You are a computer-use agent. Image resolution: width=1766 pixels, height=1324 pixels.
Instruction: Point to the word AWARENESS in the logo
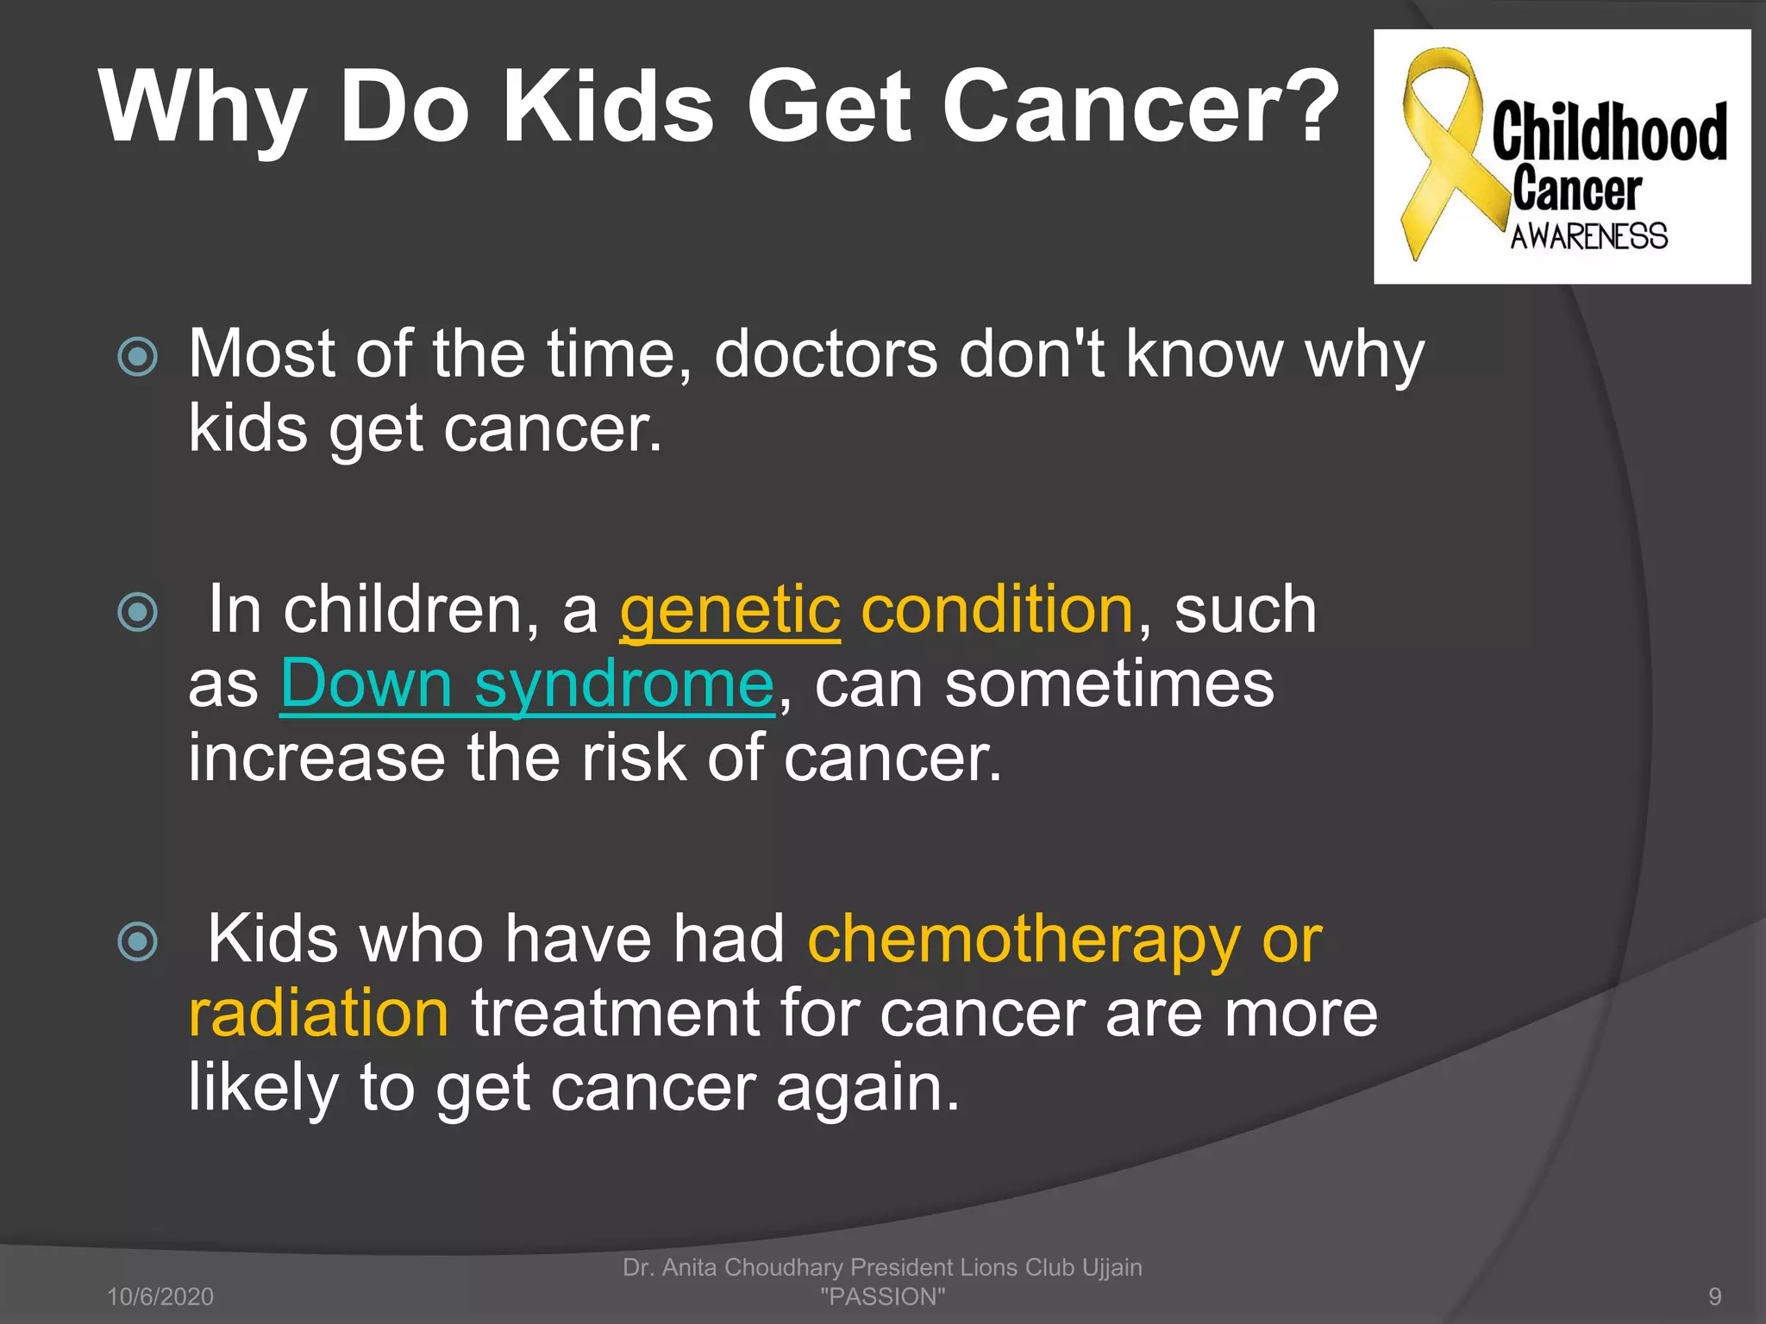point(1588,236)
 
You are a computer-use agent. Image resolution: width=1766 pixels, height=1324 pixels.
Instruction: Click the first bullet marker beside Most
point(138,357)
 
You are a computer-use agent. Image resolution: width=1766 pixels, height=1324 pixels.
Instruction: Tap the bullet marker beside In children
point(138,612)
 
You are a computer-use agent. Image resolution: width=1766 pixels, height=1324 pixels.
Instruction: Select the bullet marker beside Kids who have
point(138,941)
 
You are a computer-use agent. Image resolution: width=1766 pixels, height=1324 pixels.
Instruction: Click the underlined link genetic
point(730,610)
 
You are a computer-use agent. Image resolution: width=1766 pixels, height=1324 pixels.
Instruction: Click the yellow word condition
point(998,610)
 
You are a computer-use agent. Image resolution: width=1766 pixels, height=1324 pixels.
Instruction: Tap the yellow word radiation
point(318,1014)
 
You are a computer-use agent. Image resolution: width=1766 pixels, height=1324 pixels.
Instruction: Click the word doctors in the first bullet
point(825,355)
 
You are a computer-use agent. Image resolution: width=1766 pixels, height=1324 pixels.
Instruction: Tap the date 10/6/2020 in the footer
point(160,1296)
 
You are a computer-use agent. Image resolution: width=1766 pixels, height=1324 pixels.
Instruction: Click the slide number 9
point(1714,1296)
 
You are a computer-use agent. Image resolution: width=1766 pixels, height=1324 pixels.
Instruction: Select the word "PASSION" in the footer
point(882,1296)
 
